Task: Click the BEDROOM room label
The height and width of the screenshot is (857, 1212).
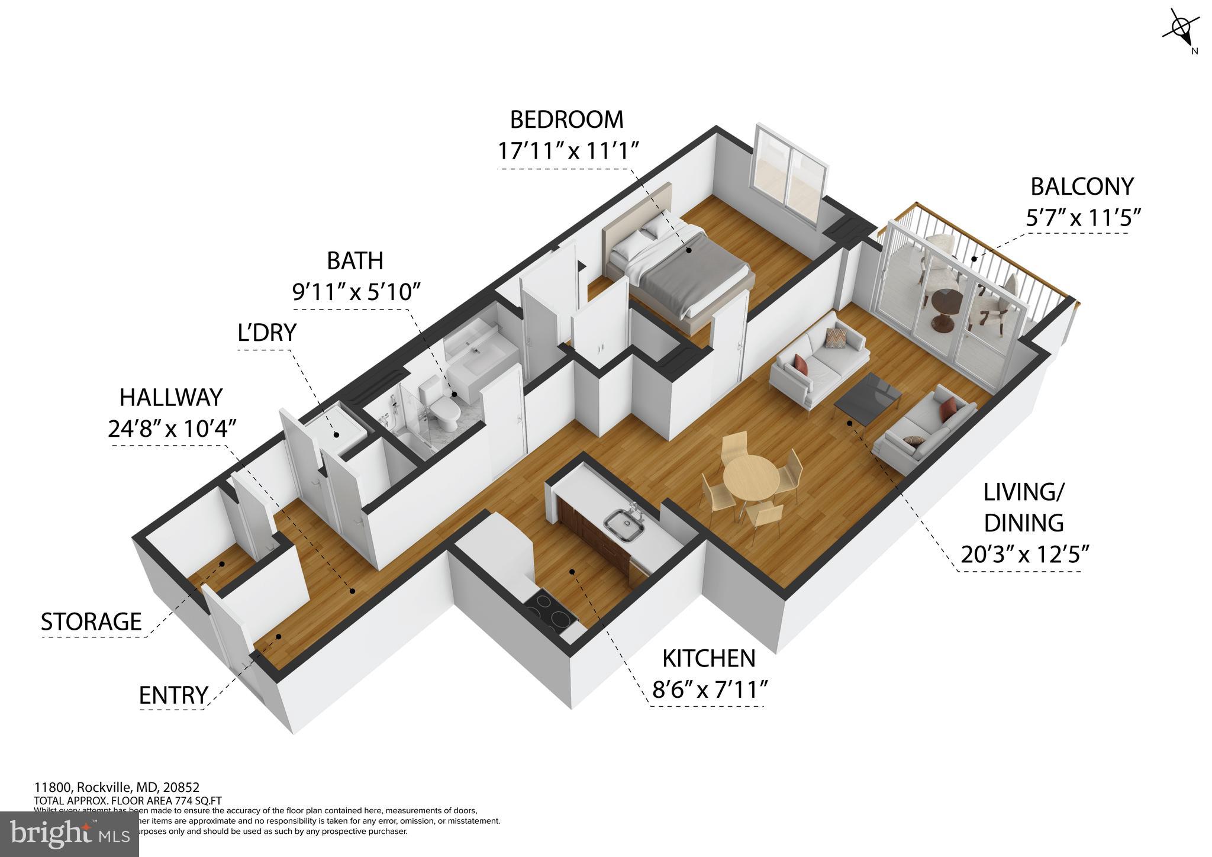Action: [x=566, y=120]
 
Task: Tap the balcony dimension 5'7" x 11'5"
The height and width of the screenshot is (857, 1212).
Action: [x=1082, y=218]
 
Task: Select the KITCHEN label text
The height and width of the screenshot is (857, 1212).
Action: [x=708, y=658]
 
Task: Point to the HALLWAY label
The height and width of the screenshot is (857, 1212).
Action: [x=171, y=398]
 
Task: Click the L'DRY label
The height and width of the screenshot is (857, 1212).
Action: [x=266, y=333]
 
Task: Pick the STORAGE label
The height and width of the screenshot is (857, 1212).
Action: [x=91, y=621]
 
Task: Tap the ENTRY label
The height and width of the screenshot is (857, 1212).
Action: [x=173, y=695]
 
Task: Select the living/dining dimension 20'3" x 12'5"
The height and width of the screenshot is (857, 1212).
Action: [x=1024, y=555]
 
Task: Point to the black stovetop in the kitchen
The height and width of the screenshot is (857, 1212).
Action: [x=550, y=613]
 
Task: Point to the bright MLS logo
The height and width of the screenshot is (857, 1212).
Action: [x=69, y=833]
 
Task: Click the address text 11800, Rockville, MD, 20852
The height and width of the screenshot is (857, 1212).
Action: [x=117, y=788]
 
